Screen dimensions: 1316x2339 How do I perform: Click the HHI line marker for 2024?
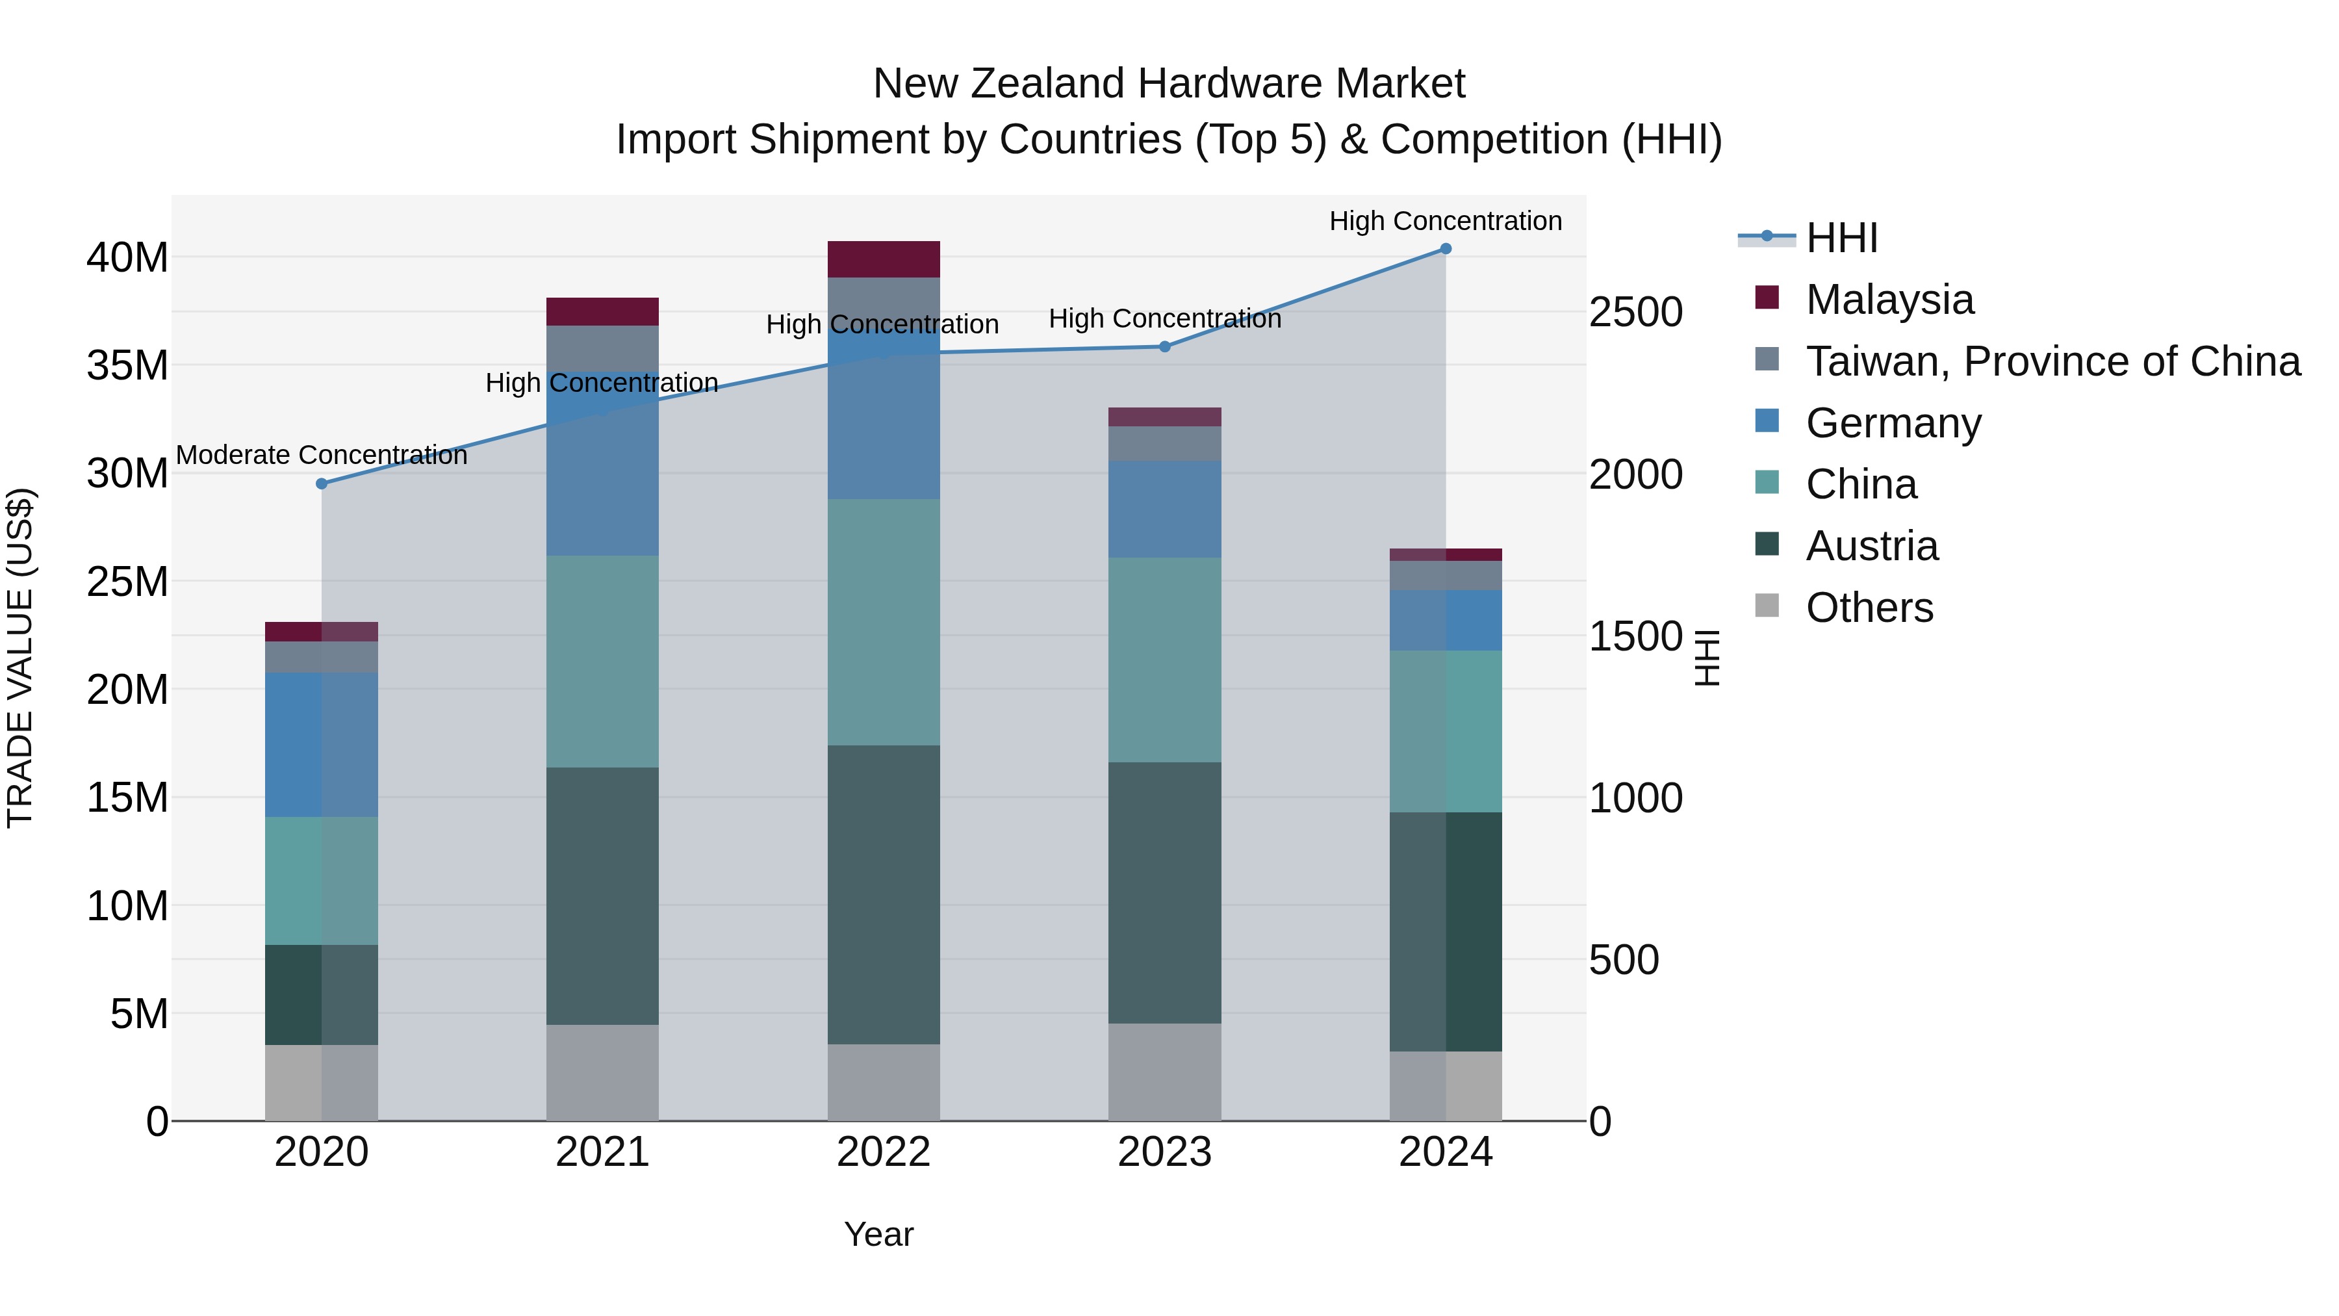click(1446, 249)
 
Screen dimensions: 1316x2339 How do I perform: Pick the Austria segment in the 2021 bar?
click(602, 896)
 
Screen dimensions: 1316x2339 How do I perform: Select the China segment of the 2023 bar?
click(1165, 660)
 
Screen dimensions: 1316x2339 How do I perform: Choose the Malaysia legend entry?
click(1889, 300)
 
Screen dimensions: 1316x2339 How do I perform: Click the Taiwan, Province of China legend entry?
click(2052, 361)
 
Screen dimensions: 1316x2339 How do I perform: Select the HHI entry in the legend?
click(1841, 238)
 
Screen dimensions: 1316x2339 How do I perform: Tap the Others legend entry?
click(1869, 608)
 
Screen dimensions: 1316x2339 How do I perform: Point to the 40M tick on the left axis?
click(127, 258)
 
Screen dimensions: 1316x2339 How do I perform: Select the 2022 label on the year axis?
click(884, 1152)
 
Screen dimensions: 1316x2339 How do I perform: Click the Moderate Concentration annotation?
click(322, 455)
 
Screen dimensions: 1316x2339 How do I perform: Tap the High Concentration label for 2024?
click(1446, 221)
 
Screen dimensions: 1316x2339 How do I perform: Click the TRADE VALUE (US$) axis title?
click(20, 658)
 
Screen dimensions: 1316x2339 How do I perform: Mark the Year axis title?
click(878, 1234)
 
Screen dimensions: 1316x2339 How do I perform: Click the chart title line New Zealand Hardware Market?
click(1169, 84)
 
